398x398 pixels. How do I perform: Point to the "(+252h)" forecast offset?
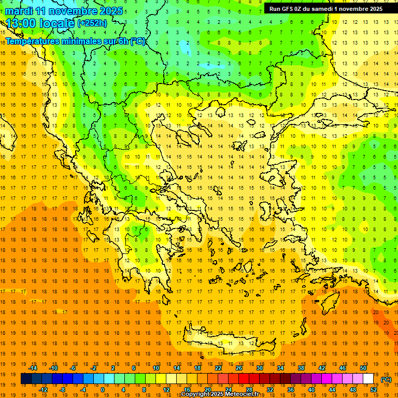(92, 23)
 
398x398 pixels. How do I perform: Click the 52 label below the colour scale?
(374, 390)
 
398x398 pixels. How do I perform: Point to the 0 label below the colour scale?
(103, 390)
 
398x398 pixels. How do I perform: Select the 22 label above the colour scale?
(218, 368)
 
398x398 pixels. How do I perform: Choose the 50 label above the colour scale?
(363, 368)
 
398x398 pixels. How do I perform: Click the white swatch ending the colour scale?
(368, 379)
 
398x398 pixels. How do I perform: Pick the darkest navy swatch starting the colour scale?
(26, 379)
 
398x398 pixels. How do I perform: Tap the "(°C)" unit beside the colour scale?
(386, 379)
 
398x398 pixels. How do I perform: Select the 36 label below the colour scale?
(291, 390)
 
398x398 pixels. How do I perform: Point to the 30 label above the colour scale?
(260, 368)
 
